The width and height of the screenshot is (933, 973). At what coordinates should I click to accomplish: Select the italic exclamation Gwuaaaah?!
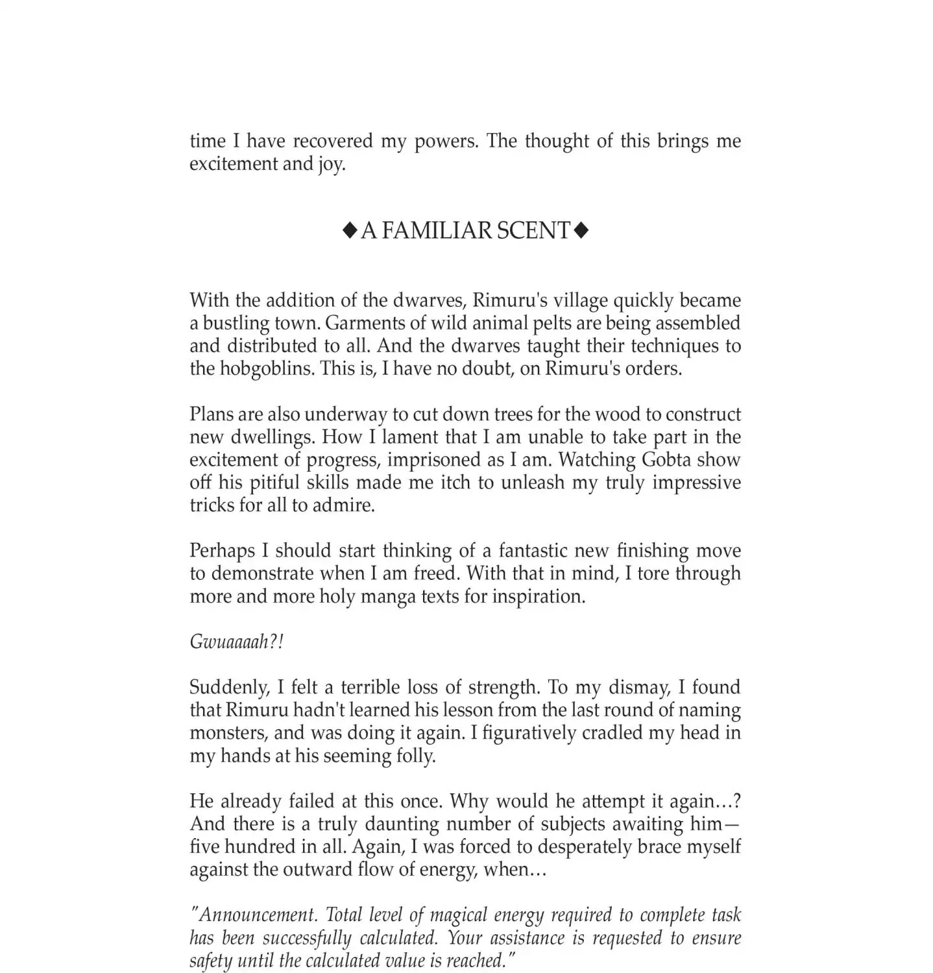236,642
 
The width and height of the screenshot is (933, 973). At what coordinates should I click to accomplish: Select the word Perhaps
222,551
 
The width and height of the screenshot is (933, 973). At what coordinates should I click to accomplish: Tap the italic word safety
210,961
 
